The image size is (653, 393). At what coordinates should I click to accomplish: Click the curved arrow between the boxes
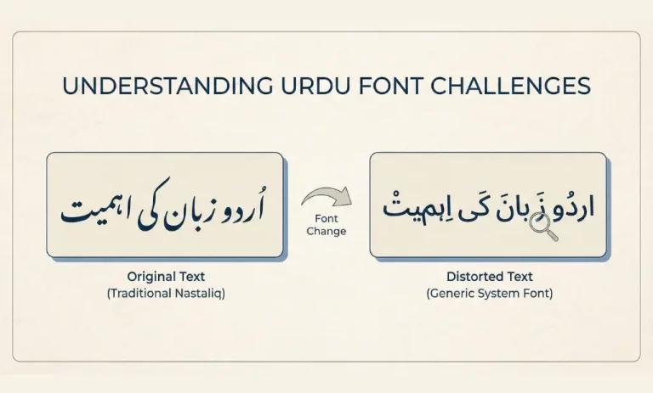(325, 199)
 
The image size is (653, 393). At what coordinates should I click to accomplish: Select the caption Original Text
(166, 277)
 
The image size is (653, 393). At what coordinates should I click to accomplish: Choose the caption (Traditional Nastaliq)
(166, 293)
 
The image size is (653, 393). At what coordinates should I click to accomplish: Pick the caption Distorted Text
(488, 277)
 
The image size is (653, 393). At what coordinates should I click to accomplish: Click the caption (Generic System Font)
(488, 293)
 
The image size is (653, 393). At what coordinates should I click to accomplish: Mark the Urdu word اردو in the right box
(572, 207)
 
